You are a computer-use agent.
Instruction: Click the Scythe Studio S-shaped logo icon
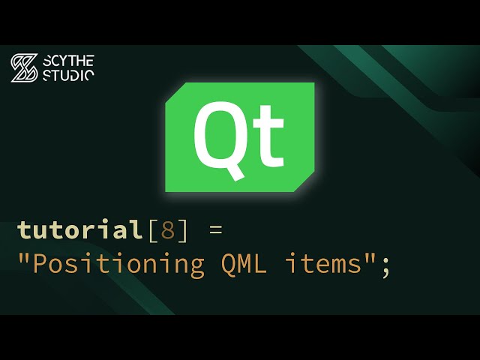click(23, 68)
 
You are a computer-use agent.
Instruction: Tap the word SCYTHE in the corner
click(68, 61)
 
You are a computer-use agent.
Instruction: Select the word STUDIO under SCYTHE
click(68, 75)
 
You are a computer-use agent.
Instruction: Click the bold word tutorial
click(79, 229)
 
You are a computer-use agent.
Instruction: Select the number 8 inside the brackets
click(167, 229)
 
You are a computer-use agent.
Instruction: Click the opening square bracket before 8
click(151, 229)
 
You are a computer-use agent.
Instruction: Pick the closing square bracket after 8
click(183, 229)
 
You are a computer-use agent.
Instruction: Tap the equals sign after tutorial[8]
click(216, 229)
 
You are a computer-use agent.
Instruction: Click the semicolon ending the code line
click(386, 267)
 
